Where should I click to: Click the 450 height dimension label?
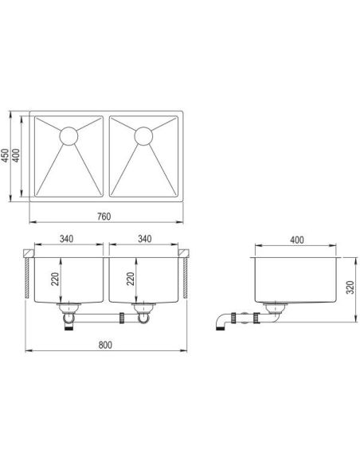(6, 154)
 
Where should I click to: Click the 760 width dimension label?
(104, 217)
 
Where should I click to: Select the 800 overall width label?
(105, 345)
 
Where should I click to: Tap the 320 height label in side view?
(350, 287)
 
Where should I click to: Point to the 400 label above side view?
(297, 240)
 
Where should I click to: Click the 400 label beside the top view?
(16, 155)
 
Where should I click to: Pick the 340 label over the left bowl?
(66, 239)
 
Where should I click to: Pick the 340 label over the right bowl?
(145, 239)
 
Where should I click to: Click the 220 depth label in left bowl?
(55, 279)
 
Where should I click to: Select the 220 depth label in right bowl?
(131, 279)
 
